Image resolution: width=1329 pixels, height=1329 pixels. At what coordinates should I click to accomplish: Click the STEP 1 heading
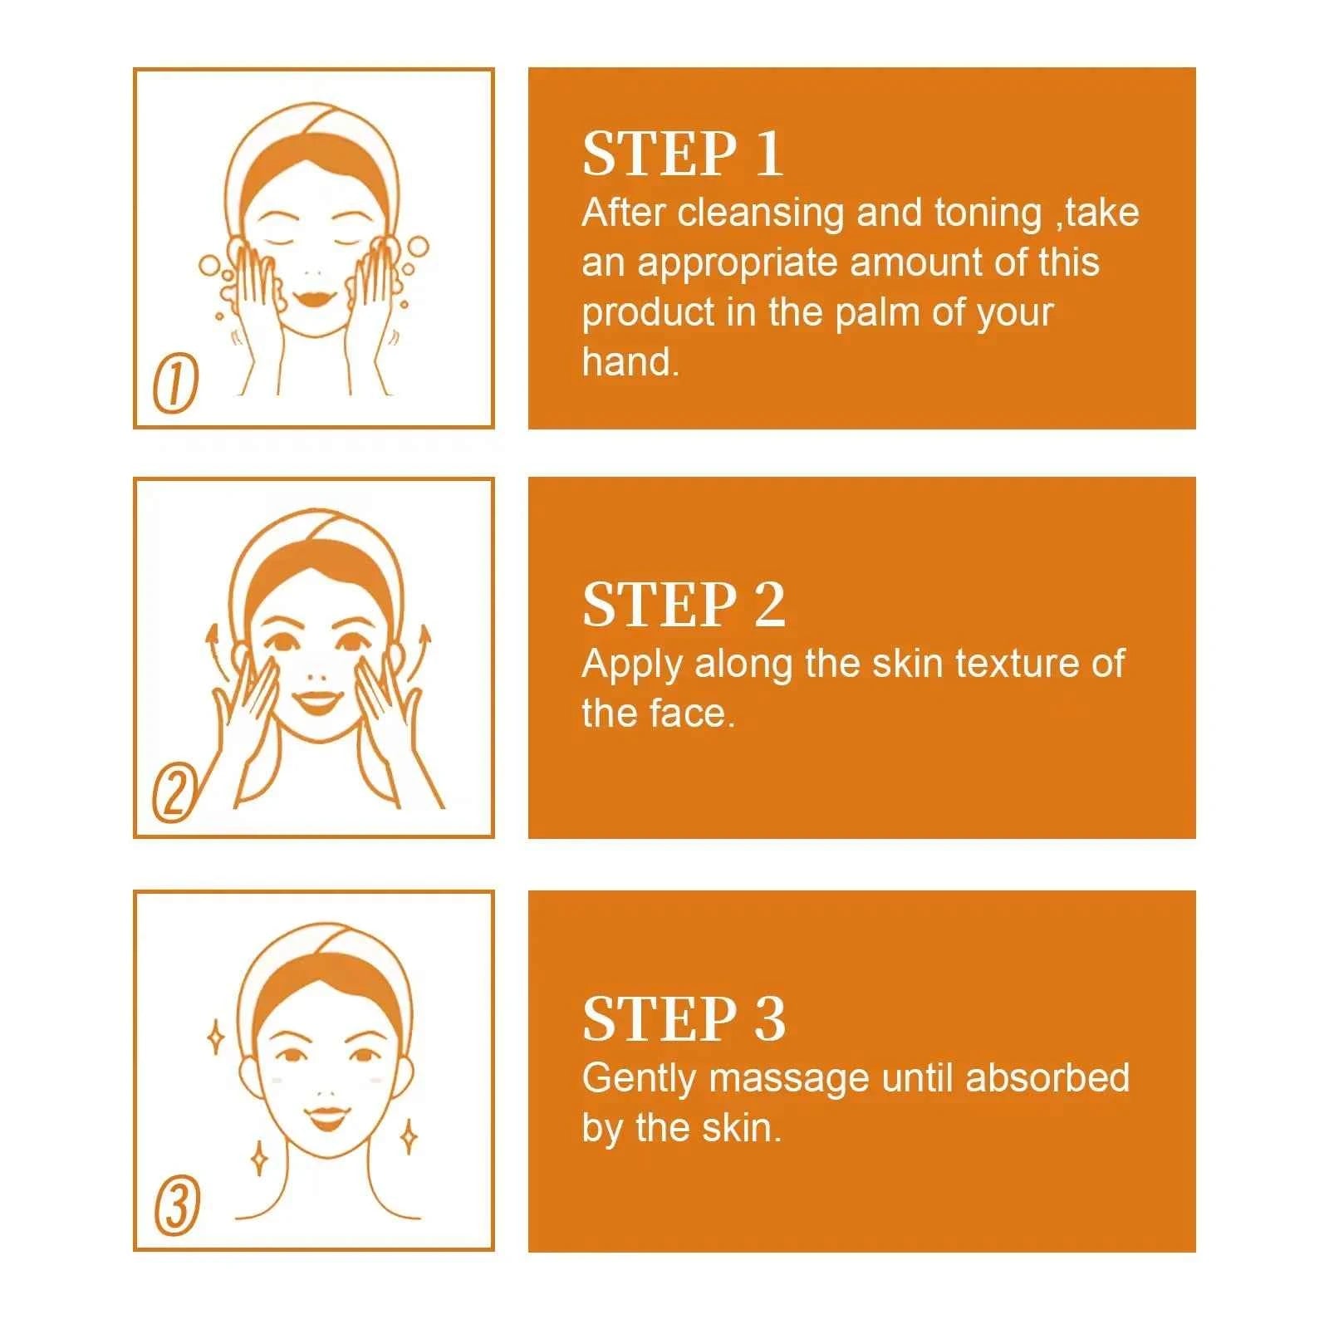point(682,154)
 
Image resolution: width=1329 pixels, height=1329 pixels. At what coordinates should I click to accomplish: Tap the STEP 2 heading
point(683,605)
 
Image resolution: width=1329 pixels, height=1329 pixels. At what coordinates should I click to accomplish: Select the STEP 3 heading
point(683,1019)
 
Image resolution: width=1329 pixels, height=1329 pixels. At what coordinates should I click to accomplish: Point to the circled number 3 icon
point(177,1206)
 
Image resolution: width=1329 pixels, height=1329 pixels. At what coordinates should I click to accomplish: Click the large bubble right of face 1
point(418,247)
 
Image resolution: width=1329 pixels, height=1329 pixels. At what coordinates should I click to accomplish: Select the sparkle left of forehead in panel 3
point(215,1037)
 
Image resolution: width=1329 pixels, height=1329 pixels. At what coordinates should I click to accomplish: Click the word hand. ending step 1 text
point(630,362)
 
